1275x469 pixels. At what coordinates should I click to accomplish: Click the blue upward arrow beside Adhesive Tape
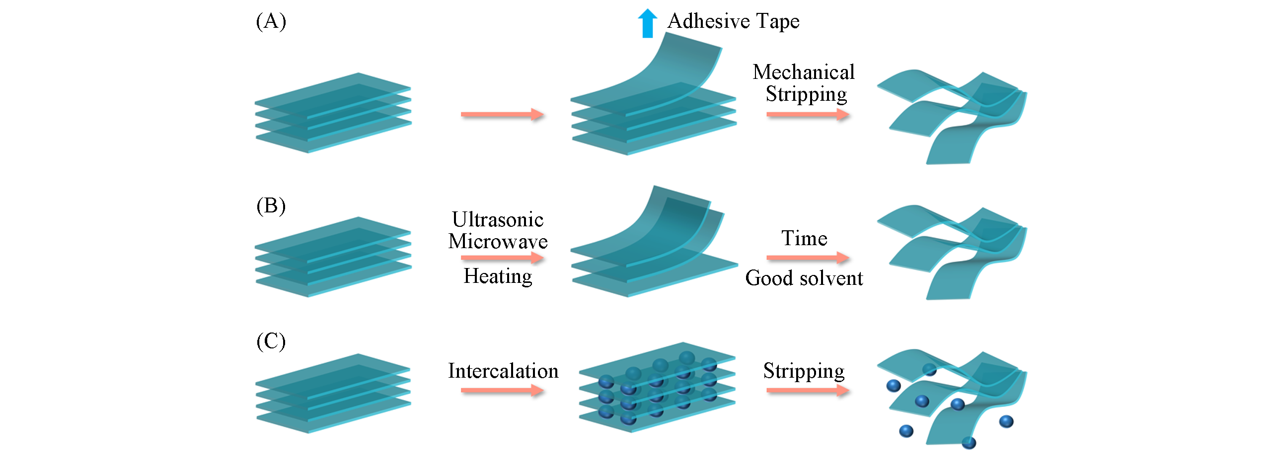(647, 23)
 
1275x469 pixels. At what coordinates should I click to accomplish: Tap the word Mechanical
(803, 72)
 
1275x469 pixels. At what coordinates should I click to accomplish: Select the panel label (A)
(271, 21)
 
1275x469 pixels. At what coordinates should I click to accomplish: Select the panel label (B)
(271, 205)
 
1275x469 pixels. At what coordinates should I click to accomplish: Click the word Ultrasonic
(498, 219)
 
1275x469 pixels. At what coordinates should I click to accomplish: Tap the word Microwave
(498, 241)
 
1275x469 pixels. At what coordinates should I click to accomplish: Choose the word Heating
(498, 276)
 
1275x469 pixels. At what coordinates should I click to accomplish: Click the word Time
(804, 238)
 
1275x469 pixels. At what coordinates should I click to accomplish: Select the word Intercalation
(503, 371)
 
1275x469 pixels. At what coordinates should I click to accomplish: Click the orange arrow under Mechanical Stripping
(807, 115)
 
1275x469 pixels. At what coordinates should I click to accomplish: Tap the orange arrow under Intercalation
(502, 391)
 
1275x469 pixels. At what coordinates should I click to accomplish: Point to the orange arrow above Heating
(502, 258)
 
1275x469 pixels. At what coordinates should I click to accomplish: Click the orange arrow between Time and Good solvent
(807, 258)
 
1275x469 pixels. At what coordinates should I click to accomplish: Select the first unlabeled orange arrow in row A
(502, 115)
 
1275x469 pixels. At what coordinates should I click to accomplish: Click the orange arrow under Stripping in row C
(807, 391)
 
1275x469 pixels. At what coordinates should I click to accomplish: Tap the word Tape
(778, 21)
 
